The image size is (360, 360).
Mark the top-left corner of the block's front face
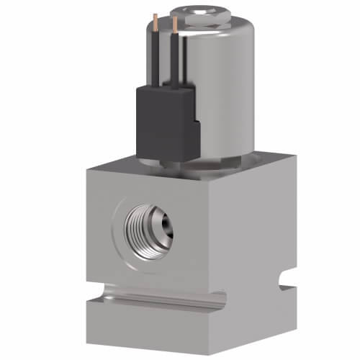(86, 170)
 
